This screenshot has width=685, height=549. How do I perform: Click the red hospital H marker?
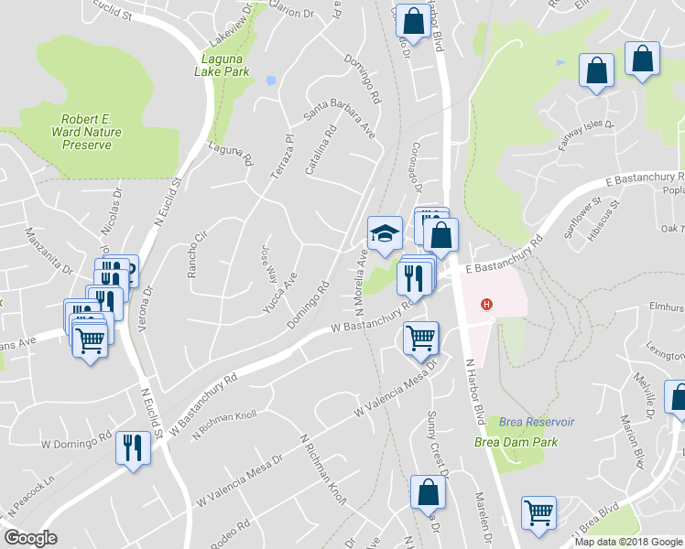(x=487, y=305)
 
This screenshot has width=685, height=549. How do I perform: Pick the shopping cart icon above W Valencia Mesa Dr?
(x=421, y=338)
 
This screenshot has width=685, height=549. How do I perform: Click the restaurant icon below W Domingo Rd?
(x=135, y=447)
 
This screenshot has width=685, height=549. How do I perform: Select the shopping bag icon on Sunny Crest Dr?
(x=429, y=493)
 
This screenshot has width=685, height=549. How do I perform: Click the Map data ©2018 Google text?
(x=627, y=542)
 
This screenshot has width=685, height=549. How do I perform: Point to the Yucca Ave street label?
(x=280, y=292)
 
